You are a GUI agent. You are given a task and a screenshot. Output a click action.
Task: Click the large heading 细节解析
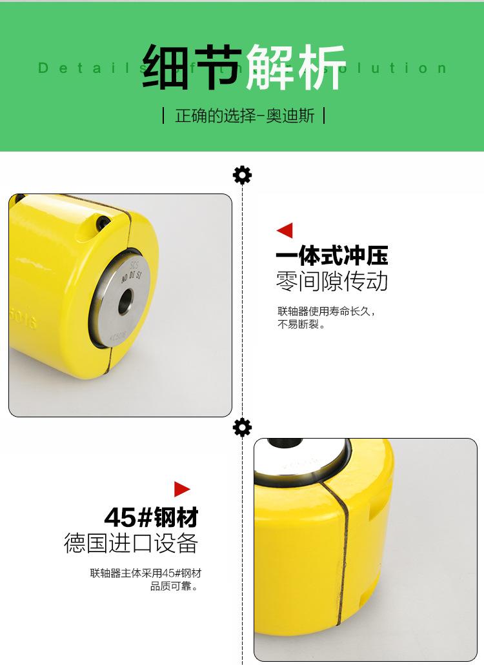[x=243, y=67]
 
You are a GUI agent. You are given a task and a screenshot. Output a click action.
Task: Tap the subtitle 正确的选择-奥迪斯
[x=244, y=117]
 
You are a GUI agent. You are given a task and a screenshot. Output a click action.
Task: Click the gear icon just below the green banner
[x=242, y=175]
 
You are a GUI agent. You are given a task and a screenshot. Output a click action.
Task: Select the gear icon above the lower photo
[x=242, y=427]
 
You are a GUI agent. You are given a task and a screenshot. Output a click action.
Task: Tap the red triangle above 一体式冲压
[x=285, y=230]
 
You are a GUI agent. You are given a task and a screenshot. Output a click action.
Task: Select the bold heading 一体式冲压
[x=332, y=256]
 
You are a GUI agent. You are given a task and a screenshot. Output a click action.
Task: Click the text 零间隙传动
[x=332, y=281]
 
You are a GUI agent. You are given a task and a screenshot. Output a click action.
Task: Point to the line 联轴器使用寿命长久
[x=326, y=311]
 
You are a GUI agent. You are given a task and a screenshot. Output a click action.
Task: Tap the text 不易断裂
[x=301, y=324]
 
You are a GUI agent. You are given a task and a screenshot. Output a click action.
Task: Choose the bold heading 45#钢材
[x=151, y=517]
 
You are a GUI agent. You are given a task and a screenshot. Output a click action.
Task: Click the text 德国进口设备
[x=130, y=543]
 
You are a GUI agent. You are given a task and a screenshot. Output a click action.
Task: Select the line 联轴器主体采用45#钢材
[x=150, y=572]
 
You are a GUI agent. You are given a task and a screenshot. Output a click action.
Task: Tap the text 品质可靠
[x=174, y=586]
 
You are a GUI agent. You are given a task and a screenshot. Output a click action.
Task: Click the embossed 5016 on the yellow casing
[x=23, y=321]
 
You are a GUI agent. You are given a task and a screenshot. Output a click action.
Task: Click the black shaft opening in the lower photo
[x=285, y=443]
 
